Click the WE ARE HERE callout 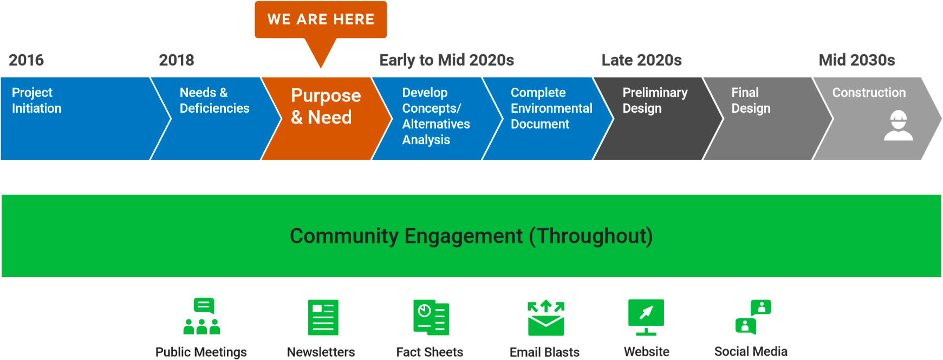(321, 20)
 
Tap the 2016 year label (26, 60)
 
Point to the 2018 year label (177, 60)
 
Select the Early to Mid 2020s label (446, 60)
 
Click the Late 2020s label (641, 60)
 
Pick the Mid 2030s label (856, 60)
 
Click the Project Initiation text (36, 100)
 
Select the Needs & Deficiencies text (214, 100)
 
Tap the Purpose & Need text (325, 106)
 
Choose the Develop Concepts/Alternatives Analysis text (435, 116)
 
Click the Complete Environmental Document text (551, 108)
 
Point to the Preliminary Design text (654, 100)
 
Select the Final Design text (750, 100)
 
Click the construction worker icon (898, 126)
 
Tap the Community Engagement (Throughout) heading (471, 236)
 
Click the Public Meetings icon (201, 316)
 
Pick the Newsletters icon (323, 317)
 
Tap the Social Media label (751, 351)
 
